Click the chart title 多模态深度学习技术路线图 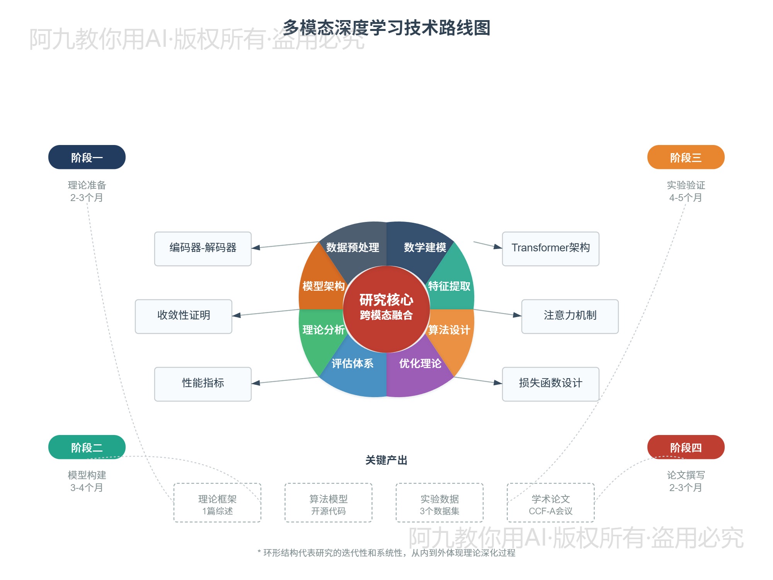pyautogui.click(x=386, y=28)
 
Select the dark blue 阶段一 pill pyautogui.click(x=87, y=157)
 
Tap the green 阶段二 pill pyautogui.click(x=87, y=447)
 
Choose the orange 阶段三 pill pyautogui.click(x=686, y=157)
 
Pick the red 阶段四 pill pyautogui.click(x=686, y=447)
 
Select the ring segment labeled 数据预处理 pyautogui.click(x=352, y=247)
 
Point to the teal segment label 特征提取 pyautogui.click(x=449, y=286)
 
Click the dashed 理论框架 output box pyautogui.click(x=217, y=503)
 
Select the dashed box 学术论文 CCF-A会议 pyautogui.click(x=550, y=503)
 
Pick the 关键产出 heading pyautogui.click(x=386, y=460)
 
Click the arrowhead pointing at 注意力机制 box pyautogui.click(x=518, y=315)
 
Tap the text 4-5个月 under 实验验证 pyautogui.click(x=686, y=198)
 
